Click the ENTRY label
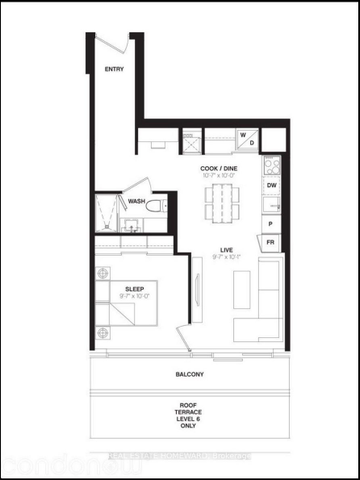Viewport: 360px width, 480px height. tap(114, 69)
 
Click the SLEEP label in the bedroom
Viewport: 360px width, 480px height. tap(135, 289)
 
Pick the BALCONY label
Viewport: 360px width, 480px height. tap(186, 375)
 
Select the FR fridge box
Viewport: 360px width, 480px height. tap(270, 241)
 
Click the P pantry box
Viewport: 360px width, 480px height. tap(271, 226)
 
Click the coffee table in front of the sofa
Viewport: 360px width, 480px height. tap(240, 289)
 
